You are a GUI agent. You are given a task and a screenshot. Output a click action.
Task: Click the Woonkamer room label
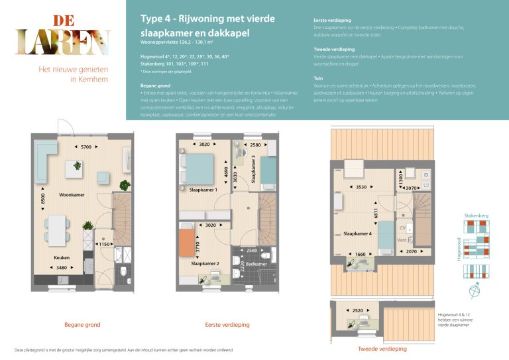tap(72, 196)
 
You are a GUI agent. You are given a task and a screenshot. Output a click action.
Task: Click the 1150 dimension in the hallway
tap(103, 245)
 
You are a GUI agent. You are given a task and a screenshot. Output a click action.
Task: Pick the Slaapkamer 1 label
tap(204, 190)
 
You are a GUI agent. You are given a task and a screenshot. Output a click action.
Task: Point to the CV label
tap(402, 228)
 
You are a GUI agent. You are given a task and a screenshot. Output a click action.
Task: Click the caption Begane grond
tap(82, 325)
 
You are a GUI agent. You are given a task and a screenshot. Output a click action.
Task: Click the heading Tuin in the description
tap(318, 78)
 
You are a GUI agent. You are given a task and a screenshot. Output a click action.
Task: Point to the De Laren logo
tap(63, 34)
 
